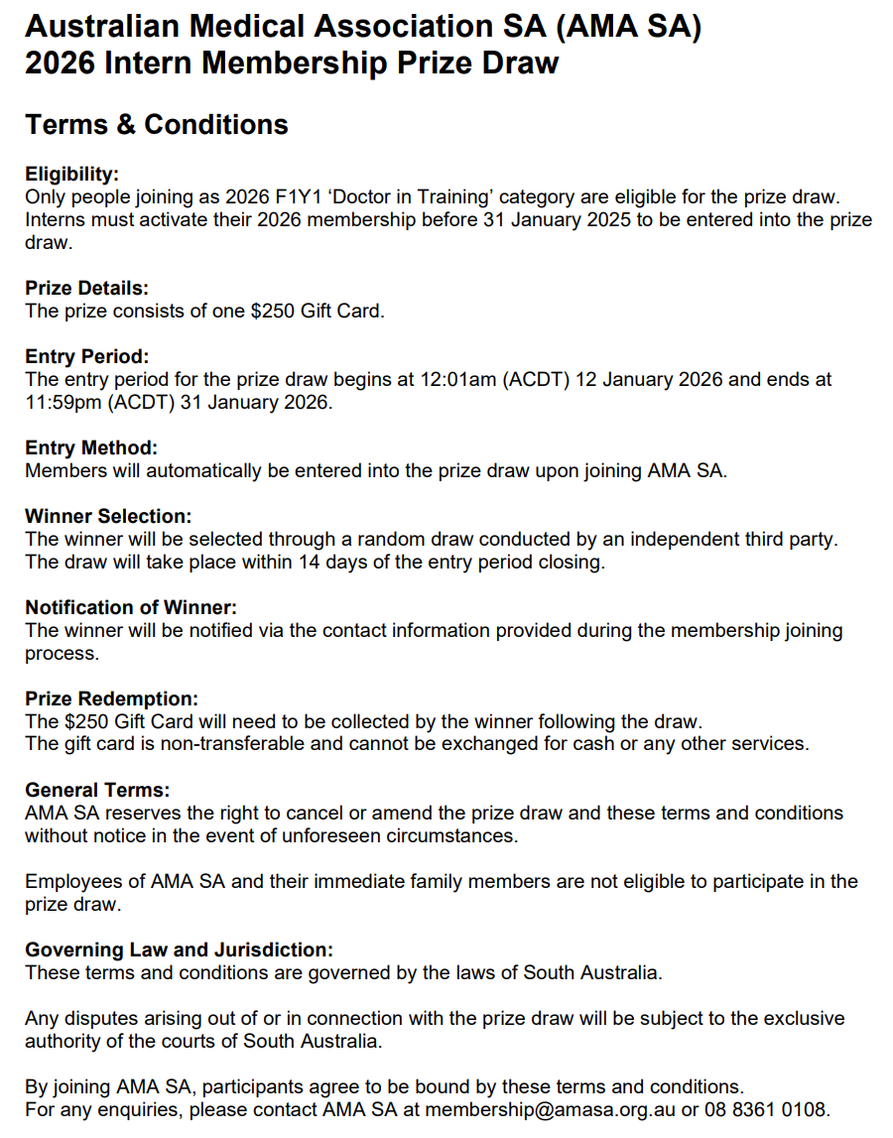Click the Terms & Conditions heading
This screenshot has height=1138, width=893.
pos(157,125)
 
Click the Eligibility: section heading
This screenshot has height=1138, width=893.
pos(71,175)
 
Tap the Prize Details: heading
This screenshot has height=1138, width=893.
pos(86,289)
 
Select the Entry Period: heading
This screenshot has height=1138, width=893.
pos(86,357)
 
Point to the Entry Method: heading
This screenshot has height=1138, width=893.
pos(91,448)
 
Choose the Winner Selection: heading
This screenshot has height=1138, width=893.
pos(108,517)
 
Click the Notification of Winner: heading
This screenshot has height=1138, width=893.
pos(131,607)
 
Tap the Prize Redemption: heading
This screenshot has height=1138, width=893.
pos(111,699)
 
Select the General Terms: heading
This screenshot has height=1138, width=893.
pos(97,791)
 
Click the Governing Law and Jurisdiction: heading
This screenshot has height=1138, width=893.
pos(179,950)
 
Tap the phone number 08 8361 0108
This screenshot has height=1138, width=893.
pos(766,1109)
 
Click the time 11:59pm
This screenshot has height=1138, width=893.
pos(62,403)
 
